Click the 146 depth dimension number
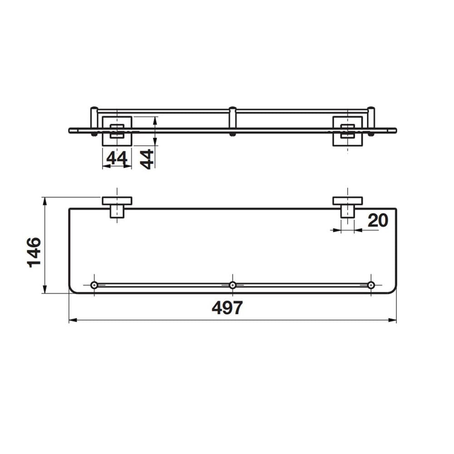click(x=34, y=252)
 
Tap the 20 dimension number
click(x=378, y=221)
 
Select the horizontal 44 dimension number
click(x=117, y=158)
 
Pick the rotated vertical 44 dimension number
click(x=147, y=159)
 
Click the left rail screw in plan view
click(x=94, y=285)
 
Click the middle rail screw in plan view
click(x=232, y=285)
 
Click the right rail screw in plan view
click(x=371, y=285)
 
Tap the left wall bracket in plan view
click(x=117, y=207)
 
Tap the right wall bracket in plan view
click(x=347, y=207)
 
